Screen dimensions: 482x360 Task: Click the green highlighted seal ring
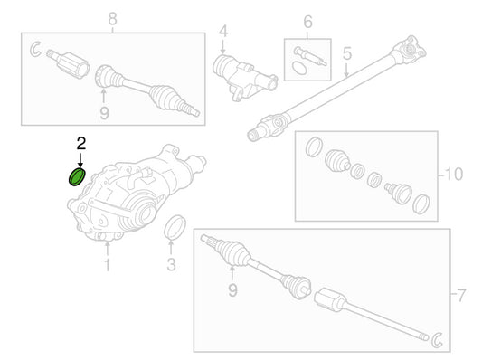click(77, 177)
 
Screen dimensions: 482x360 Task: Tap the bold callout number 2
click(80, 144)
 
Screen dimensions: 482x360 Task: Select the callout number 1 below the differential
click(107, 265)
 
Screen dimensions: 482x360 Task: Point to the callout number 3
click(171, 265)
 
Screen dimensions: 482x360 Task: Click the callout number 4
click(223, 32)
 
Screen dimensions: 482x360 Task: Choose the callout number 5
click(347, 53)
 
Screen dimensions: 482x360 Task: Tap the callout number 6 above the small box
click(307, 22)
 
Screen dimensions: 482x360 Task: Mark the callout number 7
click(461, 296)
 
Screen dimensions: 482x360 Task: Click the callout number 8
click(112, 19)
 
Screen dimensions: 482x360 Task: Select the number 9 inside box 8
click(104, 113)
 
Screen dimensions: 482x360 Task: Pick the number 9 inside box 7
click(232, 290)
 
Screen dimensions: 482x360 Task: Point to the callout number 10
click(454, 175)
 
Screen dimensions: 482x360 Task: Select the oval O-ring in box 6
click(298, 68)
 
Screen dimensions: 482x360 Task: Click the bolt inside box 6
click(310, 56)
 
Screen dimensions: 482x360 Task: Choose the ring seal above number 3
click(175, 227)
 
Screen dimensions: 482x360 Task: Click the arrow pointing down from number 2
click(80, 159)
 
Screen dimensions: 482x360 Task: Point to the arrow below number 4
click(223, 47)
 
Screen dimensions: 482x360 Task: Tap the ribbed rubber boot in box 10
click(337, 160)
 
